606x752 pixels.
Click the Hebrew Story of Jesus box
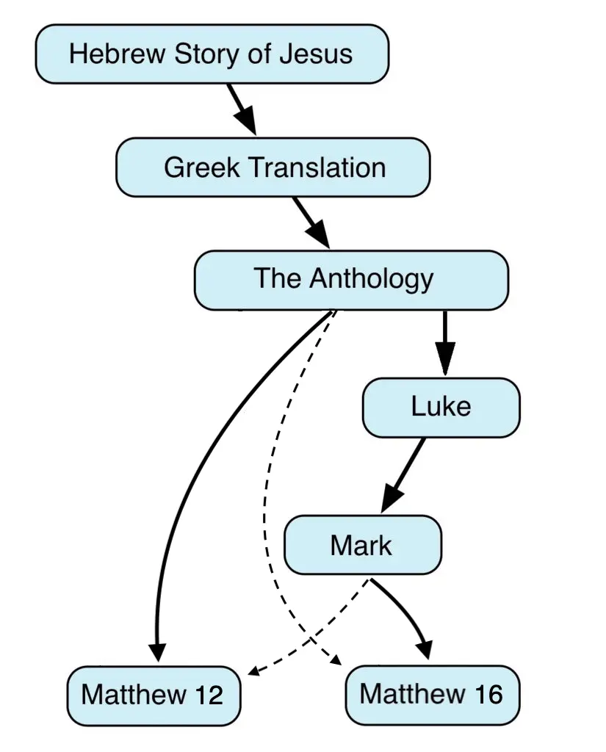point(212,54)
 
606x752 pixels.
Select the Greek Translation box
point(273,167)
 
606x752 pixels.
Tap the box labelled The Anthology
point(351,279)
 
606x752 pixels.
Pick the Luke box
point(441,407)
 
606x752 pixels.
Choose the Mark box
point(362,545)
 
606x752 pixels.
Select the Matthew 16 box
point(432,693)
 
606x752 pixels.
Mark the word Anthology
point(371,279)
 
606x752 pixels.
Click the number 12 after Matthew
point(209,694)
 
